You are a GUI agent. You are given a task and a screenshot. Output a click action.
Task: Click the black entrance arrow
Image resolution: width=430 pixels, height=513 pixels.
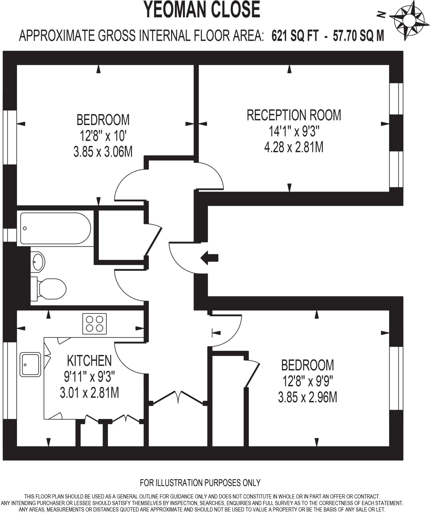[209, 258]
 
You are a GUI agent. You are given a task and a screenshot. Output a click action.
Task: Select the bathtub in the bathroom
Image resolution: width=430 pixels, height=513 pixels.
[55, 228]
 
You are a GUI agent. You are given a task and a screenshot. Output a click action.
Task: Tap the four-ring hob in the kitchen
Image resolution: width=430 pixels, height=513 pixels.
[94, 324]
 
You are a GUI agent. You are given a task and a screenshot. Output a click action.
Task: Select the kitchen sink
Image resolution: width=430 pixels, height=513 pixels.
[31, 364]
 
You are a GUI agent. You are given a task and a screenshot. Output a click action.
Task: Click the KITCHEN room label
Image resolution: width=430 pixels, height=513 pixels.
[89, 361]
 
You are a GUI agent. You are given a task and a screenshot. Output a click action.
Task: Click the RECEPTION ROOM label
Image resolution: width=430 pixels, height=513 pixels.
[294, 115]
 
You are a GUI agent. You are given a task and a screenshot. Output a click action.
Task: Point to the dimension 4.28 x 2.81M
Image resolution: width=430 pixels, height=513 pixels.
[294, 147]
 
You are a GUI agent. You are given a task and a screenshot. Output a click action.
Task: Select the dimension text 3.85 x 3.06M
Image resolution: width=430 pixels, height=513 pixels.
[103, 152]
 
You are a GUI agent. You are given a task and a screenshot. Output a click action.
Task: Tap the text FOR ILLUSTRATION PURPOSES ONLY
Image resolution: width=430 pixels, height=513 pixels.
[200, 483]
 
